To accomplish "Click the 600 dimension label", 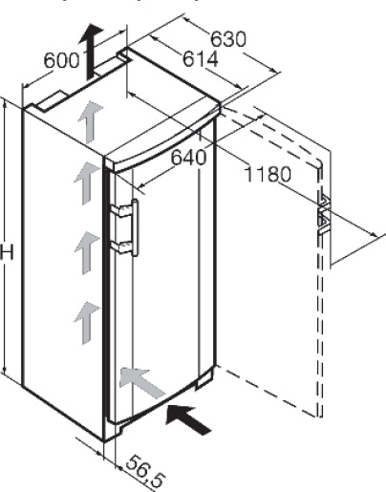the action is (x=61, y=60).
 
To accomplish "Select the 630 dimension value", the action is (x=228, y=39).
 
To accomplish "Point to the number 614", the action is (x=201, y=59).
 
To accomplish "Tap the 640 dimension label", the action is (x=188, y=158).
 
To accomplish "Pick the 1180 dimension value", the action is (x=268, y=174).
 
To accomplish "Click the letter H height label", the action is (x=7, y=253).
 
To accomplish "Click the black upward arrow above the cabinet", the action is (x=91, y=51).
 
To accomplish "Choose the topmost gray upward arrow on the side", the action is (x=91, y=121).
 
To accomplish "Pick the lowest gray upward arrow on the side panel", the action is (x=87, y=323).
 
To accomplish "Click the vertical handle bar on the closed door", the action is (x=135, y=227).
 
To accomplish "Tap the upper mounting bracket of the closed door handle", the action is (x=121, y=211).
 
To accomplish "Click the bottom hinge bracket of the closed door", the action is (x=204, y=378).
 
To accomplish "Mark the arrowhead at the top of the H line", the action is (x=4, y=103).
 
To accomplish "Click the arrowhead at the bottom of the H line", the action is (x=4, y=370).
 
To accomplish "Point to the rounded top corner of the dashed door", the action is (x=318, y=163).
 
